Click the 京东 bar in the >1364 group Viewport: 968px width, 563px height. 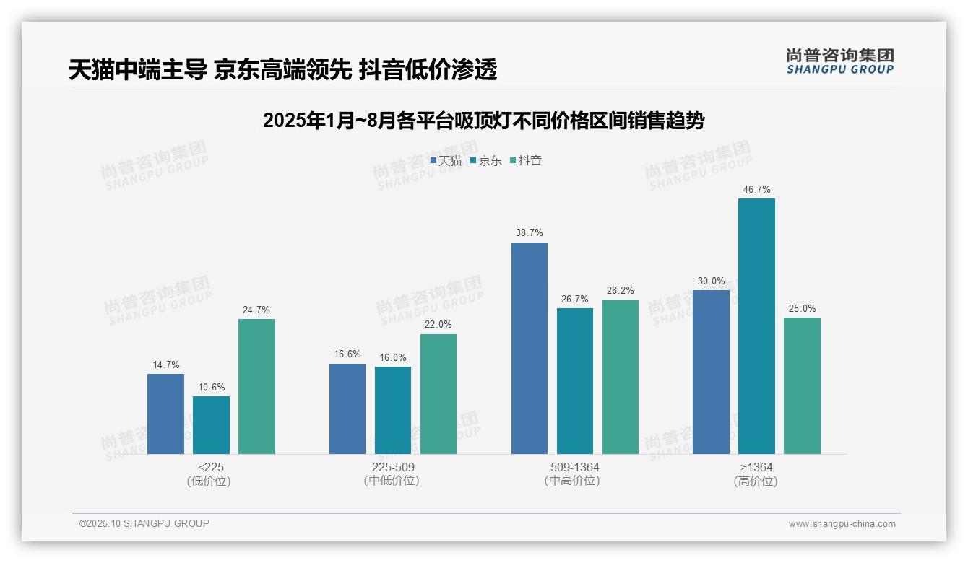[x=756, y=326]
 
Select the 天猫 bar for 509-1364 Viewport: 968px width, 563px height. [x=530, y=348]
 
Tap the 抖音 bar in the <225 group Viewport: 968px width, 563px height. [x=256, y=386]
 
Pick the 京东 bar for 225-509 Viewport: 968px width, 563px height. [x=393, y=410]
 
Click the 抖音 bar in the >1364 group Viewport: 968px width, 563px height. [x=802, y=385]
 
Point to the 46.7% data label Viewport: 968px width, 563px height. [x=756, y=190]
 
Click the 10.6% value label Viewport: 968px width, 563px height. [x=211, y=387]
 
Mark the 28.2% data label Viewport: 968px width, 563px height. [x=621, y=291]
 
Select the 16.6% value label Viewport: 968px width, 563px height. [x=347, y=354]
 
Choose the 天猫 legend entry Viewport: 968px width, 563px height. [x=446, y=160]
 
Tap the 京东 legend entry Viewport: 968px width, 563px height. [x=485, y=160]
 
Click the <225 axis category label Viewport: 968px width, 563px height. [x=210, y=467]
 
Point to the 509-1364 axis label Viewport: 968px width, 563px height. [x=575, y=467]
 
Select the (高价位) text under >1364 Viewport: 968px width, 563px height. [x=756, y=481]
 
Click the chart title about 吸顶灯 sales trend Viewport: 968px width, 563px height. [x=483, y=121]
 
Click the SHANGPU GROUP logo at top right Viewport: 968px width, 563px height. [x=839, y=61]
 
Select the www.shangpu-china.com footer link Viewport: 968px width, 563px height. [x=842, y=523]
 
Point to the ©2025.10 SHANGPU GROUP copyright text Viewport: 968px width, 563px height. [x=144, y=523]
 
